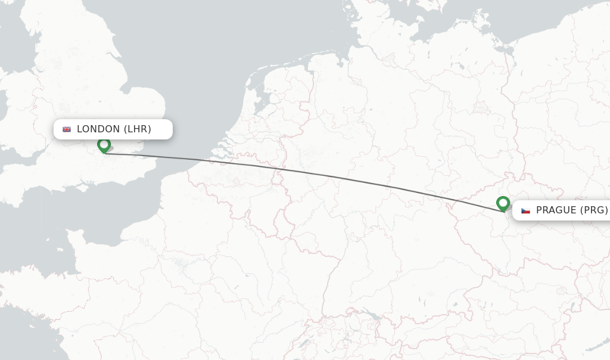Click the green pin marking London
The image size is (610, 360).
104,145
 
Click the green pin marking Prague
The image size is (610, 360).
503,204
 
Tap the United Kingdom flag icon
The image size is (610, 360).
67,129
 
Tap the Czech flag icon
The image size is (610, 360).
525,210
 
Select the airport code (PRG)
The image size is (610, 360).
594,210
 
